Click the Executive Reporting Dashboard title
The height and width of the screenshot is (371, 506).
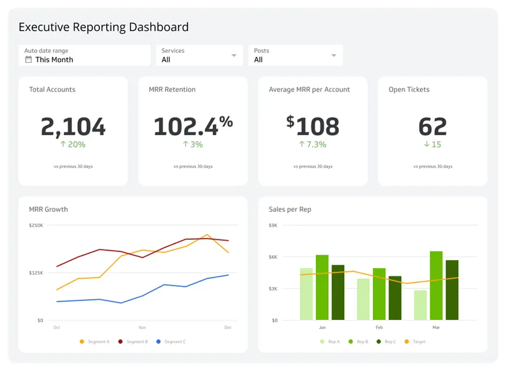[x=104, y=27]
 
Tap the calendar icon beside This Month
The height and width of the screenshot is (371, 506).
[x=28, y=59]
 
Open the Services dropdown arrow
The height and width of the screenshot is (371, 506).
[x=234, y=55]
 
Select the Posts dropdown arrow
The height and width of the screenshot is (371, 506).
[x=334, y=55]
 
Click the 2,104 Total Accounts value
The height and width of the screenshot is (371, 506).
[x=74, y=126]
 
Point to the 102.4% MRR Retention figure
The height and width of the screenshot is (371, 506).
[x=193, y=126]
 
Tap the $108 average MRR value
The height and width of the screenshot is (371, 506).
[x=312, y=126]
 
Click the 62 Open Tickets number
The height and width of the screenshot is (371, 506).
[x=432, y=126]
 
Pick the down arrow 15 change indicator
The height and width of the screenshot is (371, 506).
[x=432, y=144]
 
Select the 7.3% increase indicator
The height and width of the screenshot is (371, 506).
[x=312, y=144]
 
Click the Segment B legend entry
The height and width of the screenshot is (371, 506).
[x=133, y=342]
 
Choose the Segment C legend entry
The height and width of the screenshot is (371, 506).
[x=171, y=342]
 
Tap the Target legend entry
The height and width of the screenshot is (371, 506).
[x=415, y=342]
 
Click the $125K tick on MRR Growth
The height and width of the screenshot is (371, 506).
[x=36, y=273]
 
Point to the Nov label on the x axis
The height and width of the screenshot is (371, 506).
[x=142, y=327]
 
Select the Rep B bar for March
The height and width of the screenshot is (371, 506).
[x=437, y=286]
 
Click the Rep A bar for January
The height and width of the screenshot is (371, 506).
[x=306, y=294]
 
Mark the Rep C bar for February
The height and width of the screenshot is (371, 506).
[x=395, y=298]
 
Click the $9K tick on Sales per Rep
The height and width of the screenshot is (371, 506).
[x=273, y=225]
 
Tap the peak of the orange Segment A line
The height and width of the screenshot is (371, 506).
[x=207, y=235]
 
